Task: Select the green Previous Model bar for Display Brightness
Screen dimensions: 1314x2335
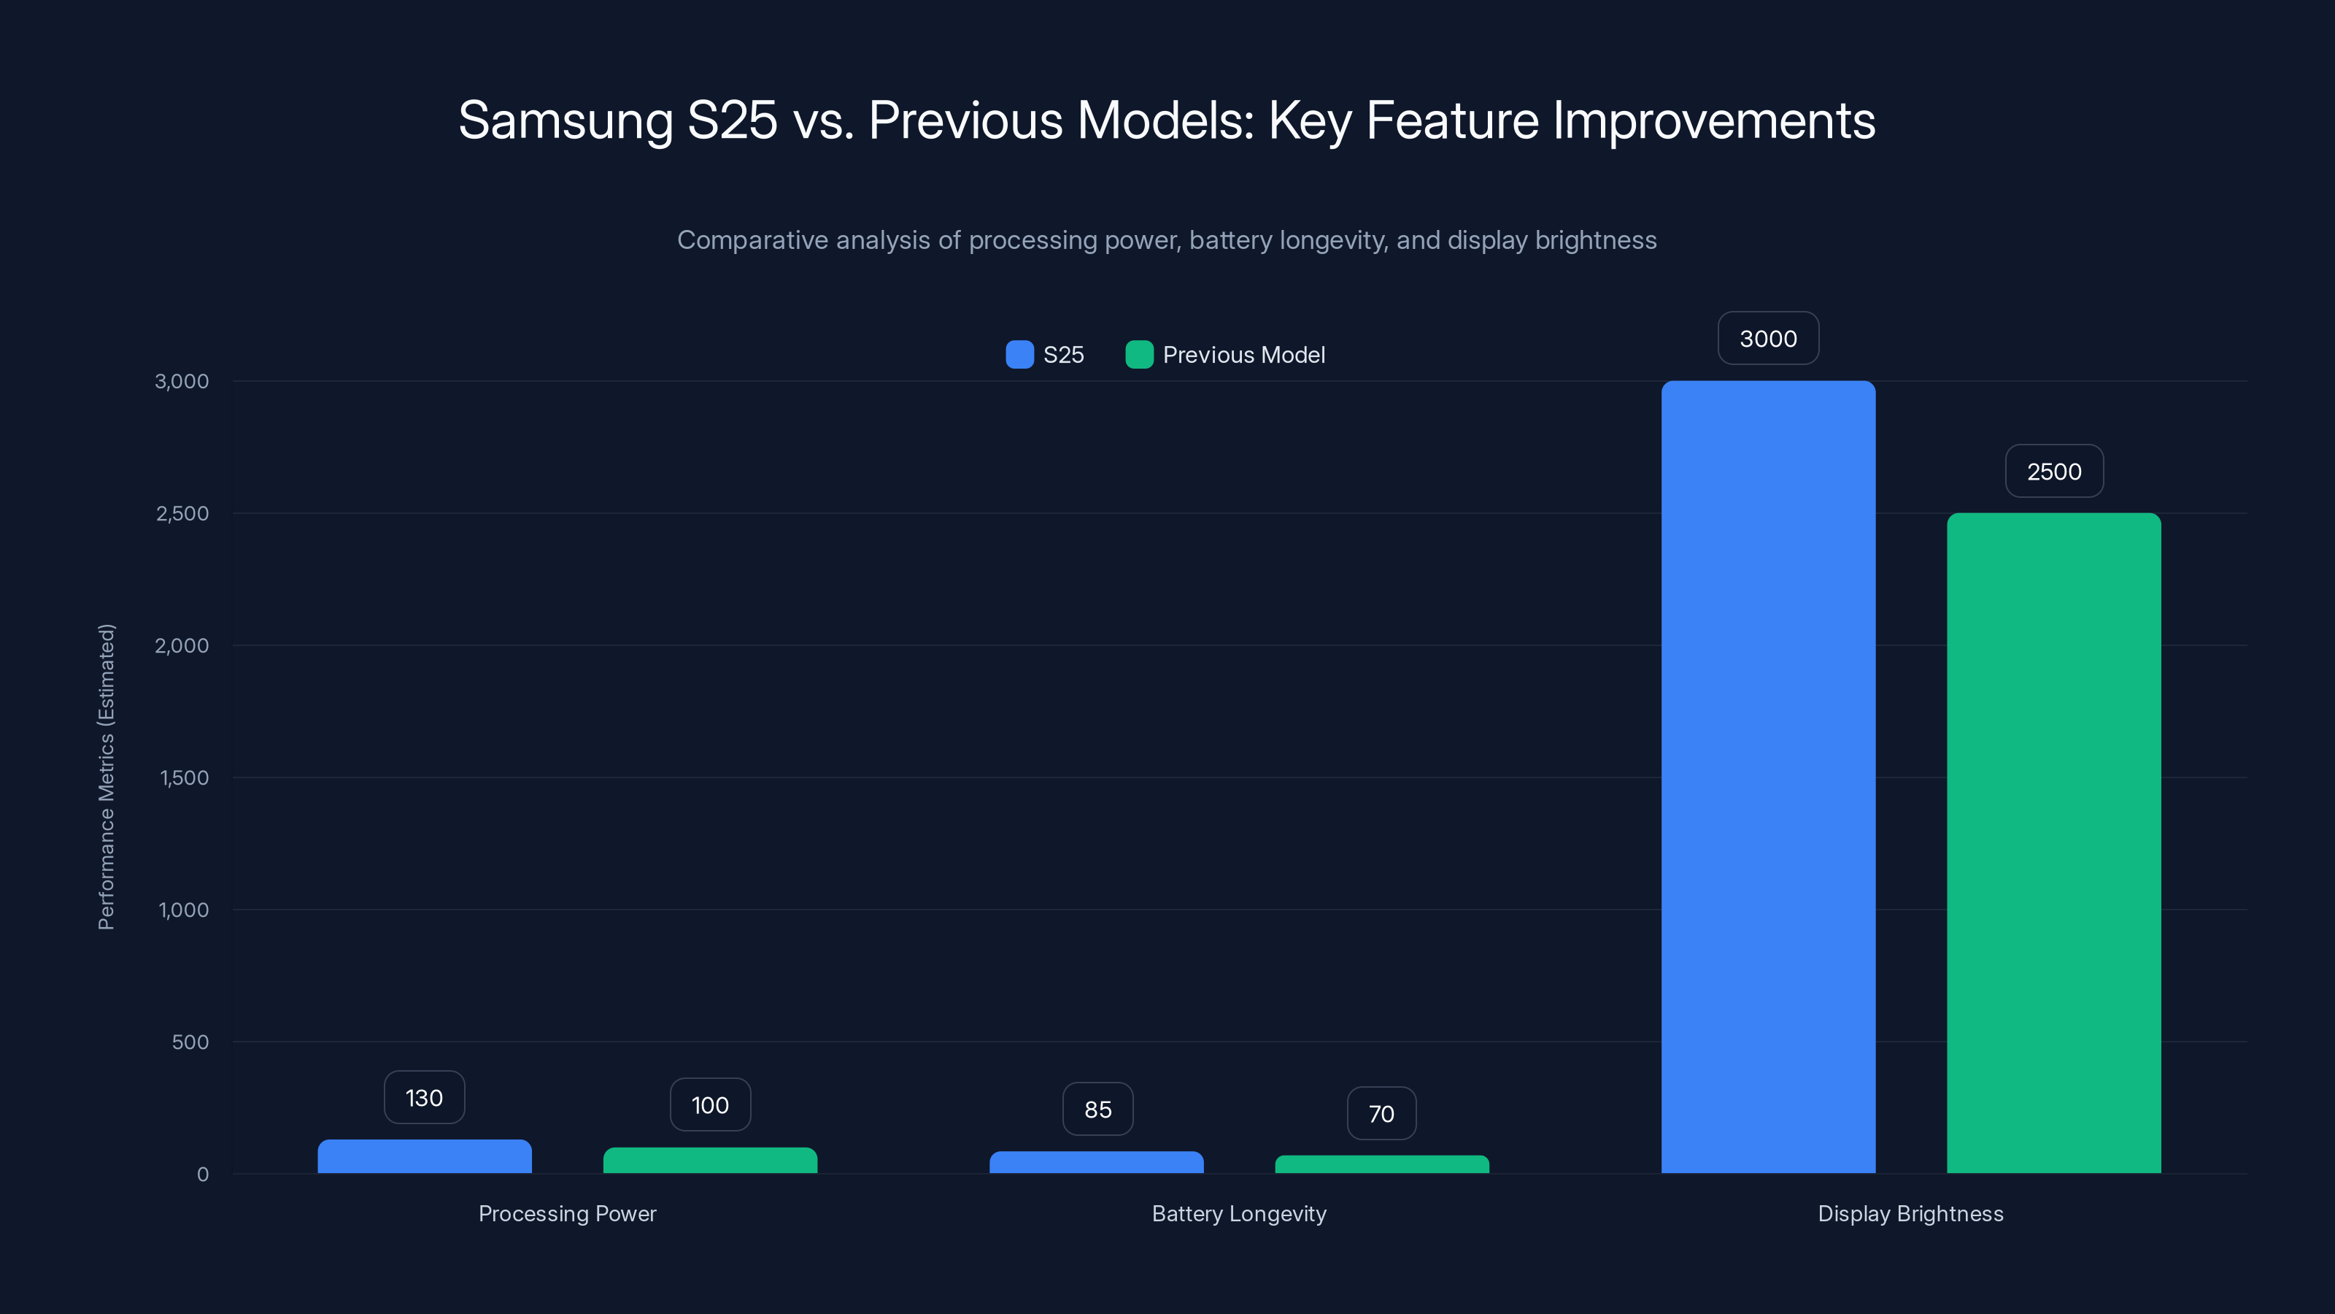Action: (2053, 842)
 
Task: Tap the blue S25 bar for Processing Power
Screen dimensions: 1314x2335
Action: (424, 1156)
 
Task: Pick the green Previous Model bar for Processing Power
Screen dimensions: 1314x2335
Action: (710, 1160)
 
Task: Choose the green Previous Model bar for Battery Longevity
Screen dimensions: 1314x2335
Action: (1381, 1164)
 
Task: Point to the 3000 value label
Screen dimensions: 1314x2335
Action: (1767, 338)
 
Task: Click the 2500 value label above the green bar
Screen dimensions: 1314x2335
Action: (2054, 472)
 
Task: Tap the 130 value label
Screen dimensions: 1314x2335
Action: (424, 1098)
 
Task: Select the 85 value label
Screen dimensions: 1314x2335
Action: (1097, 1109)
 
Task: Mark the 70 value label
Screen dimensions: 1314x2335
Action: (1381, 1113)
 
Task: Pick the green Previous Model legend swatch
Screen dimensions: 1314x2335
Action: (1139, 355)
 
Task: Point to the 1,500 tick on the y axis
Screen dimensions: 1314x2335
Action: (184, 778)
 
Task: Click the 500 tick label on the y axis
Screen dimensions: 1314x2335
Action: (190, 1042)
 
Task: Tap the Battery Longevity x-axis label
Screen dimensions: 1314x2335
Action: (1238, 1213)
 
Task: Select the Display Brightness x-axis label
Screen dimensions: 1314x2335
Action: (1910, 1213)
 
